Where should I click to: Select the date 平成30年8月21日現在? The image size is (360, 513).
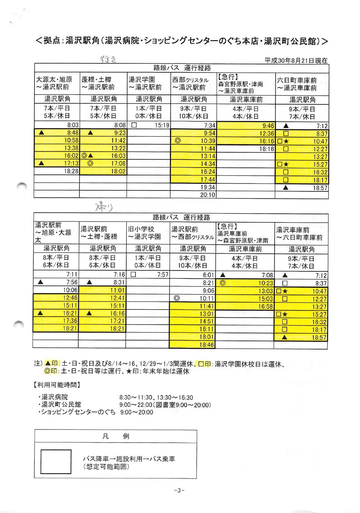[296, 61]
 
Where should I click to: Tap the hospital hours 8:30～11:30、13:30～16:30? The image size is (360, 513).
[156, 397]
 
